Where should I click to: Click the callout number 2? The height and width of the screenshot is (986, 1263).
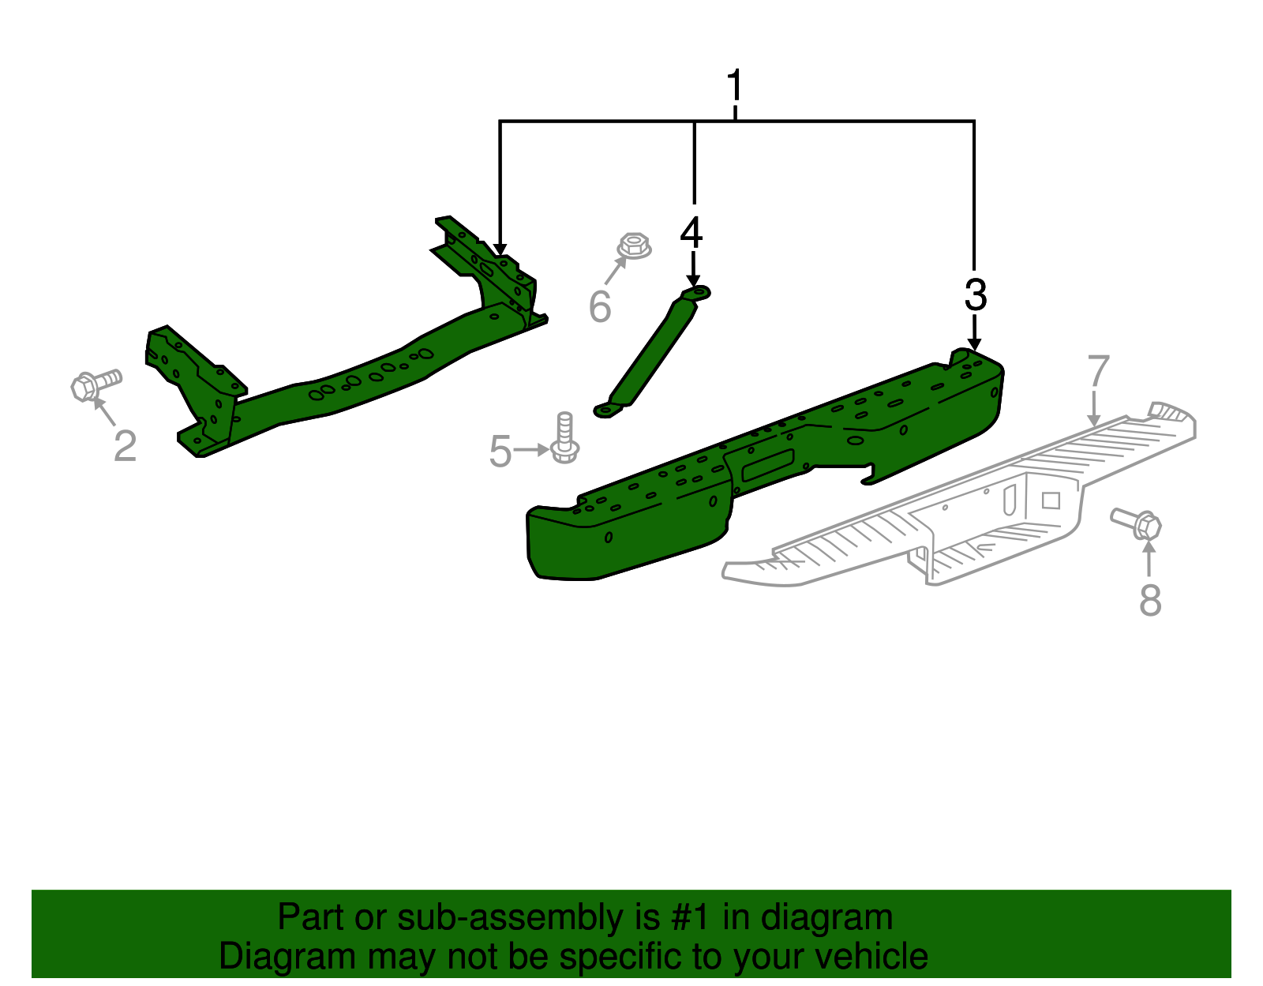coord(125,446)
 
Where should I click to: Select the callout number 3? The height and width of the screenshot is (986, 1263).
coord(976,295)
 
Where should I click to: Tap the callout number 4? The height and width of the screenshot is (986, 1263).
coord(691,232)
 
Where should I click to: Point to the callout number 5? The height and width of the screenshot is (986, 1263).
coord(500,452)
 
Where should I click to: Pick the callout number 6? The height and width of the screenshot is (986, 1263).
coord(600,306)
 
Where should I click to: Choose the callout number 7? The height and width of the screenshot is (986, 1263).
coord(1098,371)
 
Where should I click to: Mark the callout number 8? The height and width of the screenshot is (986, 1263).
coord(1150,600)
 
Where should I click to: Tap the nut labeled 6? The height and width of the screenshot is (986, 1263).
coord(633,246)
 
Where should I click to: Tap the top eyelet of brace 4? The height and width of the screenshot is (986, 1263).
coord(698,294)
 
